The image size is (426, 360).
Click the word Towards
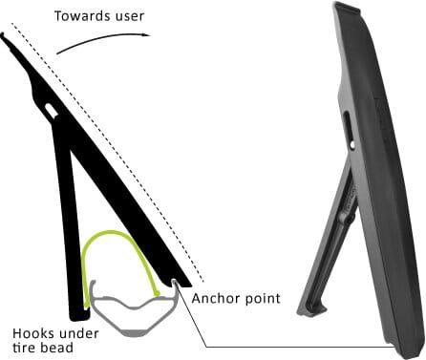coord(82,16)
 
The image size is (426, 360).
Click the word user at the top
coord(129,16)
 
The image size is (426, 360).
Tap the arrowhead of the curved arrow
coord(146,34)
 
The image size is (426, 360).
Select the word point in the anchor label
coord(264,299)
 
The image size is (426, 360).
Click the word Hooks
coord(33,333)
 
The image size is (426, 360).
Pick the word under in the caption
coord(78,334)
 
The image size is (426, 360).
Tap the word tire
coord(24,348)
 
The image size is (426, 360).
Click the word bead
coord(55,348)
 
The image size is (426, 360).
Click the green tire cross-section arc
coord(113,232)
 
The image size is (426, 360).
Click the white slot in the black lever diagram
coord(52,109)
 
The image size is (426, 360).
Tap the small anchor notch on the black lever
coord(175,282)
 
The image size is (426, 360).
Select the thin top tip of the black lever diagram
coord(2,35)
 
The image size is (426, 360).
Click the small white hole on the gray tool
coord(352,145)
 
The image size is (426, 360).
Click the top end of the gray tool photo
coord(347,7)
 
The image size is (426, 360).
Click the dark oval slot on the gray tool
coord(347,126)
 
